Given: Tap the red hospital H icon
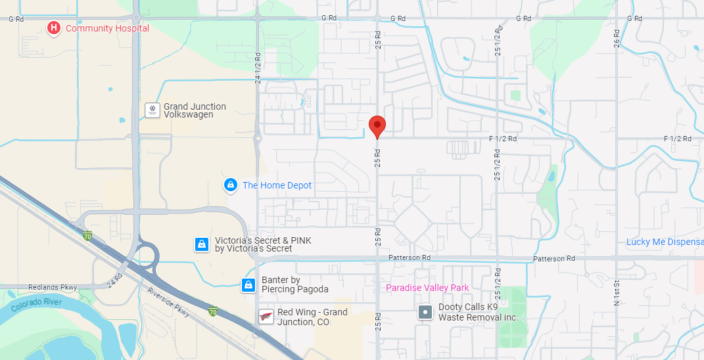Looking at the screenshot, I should [54, 28].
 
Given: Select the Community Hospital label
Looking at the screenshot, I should [107, 28].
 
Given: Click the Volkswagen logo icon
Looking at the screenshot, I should [153, 110].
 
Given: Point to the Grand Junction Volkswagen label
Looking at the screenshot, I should [195, 110].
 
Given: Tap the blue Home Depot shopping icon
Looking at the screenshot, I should [230, 185].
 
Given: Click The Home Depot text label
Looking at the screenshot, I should [277, 185].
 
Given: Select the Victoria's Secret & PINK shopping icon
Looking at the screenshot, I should [202, 245].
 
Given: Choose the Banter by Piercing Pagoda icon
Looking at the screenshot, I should [248, 284].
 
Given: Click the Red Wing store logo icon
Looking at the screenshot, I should [266, 317].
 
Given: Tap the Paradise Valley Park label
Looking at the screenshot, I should [427, 288].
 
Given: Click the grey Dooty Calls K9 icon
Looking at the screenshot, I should [425, 312].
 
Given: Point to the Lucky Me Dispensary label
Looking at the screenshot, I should [665, 242].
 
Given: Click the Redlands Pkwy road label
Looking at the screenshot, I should [53, 287].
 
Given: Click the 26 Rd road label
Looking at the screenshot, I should [617, 38].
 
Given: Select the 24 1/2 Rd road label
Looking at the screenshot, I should [258, 68].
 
